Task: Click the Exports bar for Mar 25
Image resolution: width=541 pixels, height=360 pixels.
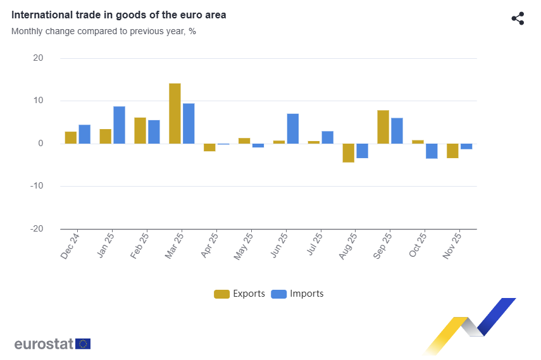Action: pos(175,113)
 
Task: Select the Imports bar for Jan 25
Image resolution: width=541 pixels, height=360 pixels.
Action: pos(119,125)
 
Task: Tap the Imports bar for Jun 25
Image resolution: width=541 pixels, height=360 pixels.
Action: pos(292,128)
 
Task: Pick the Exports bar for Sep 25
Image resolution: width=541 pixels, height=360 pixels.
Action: pos(383,127)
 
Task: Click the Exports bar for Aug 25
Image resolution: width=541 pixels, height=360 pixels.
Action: pos(348,153)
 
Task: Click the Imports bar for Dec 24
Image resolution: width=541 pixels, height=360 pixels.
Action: pos(84,134)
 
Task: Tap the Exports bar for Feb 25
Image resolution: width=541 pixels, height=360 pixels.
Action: pos(140,130)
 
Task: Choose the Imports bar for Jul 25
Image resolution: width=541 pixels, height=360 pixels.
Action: pos(327,137)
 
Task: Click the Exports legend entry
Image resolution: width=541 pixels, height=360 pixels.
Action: pos(240,294)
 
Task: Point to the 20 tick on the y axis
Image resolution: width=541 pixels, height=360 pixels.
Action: pos(38,58)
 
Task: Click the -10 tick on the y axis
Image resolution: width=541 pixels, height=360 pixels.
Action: pos(37,186)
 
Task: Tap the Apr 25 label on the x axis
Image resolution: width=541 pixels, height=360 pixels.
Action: pos(209,245)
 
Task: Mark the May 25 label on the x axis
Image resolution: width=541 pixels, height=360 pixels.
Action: pos(244,245)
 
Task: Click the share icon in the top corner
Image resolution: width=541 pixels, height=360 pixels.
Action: pos(518,18)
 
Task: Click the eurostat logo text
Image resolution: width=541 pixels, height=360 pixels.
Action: pos(44,344)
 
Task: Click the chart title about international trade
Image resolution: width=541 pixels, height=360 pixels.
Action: pos(119,15)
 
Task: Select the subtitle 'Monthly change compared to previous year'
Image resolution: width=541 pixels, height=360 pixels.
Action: pos(103,30)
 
